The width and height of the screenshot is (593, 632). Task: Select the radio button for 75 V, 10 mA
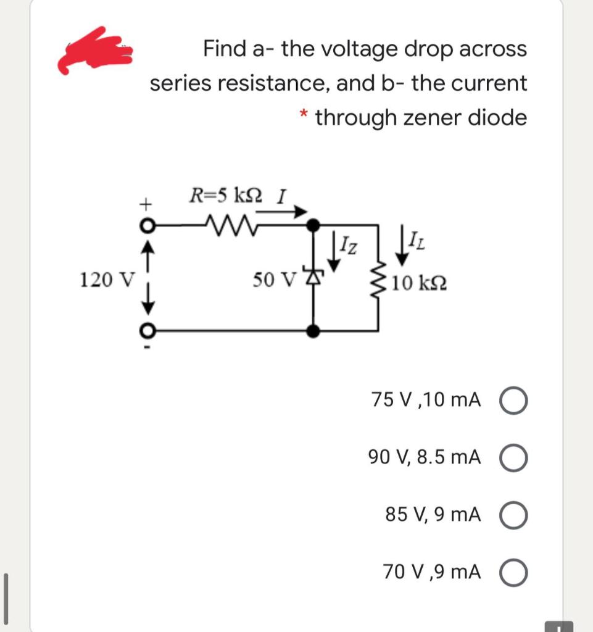click(x=516, y=401)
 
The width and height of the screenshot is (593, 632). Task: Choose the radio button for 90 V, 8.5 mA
click(x=516, y=458)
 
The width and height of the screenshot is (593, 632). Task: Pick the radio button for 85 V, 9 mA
click(x=516, y=515)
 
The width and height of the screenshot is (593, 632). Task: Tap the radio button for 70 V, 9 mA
click(x=516, y=573)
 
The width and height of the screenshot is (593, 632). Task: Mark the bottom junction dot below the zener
click(x=314, y=332)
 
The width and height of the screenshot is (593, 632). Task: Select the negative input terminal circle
click(x=146, y=332)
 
